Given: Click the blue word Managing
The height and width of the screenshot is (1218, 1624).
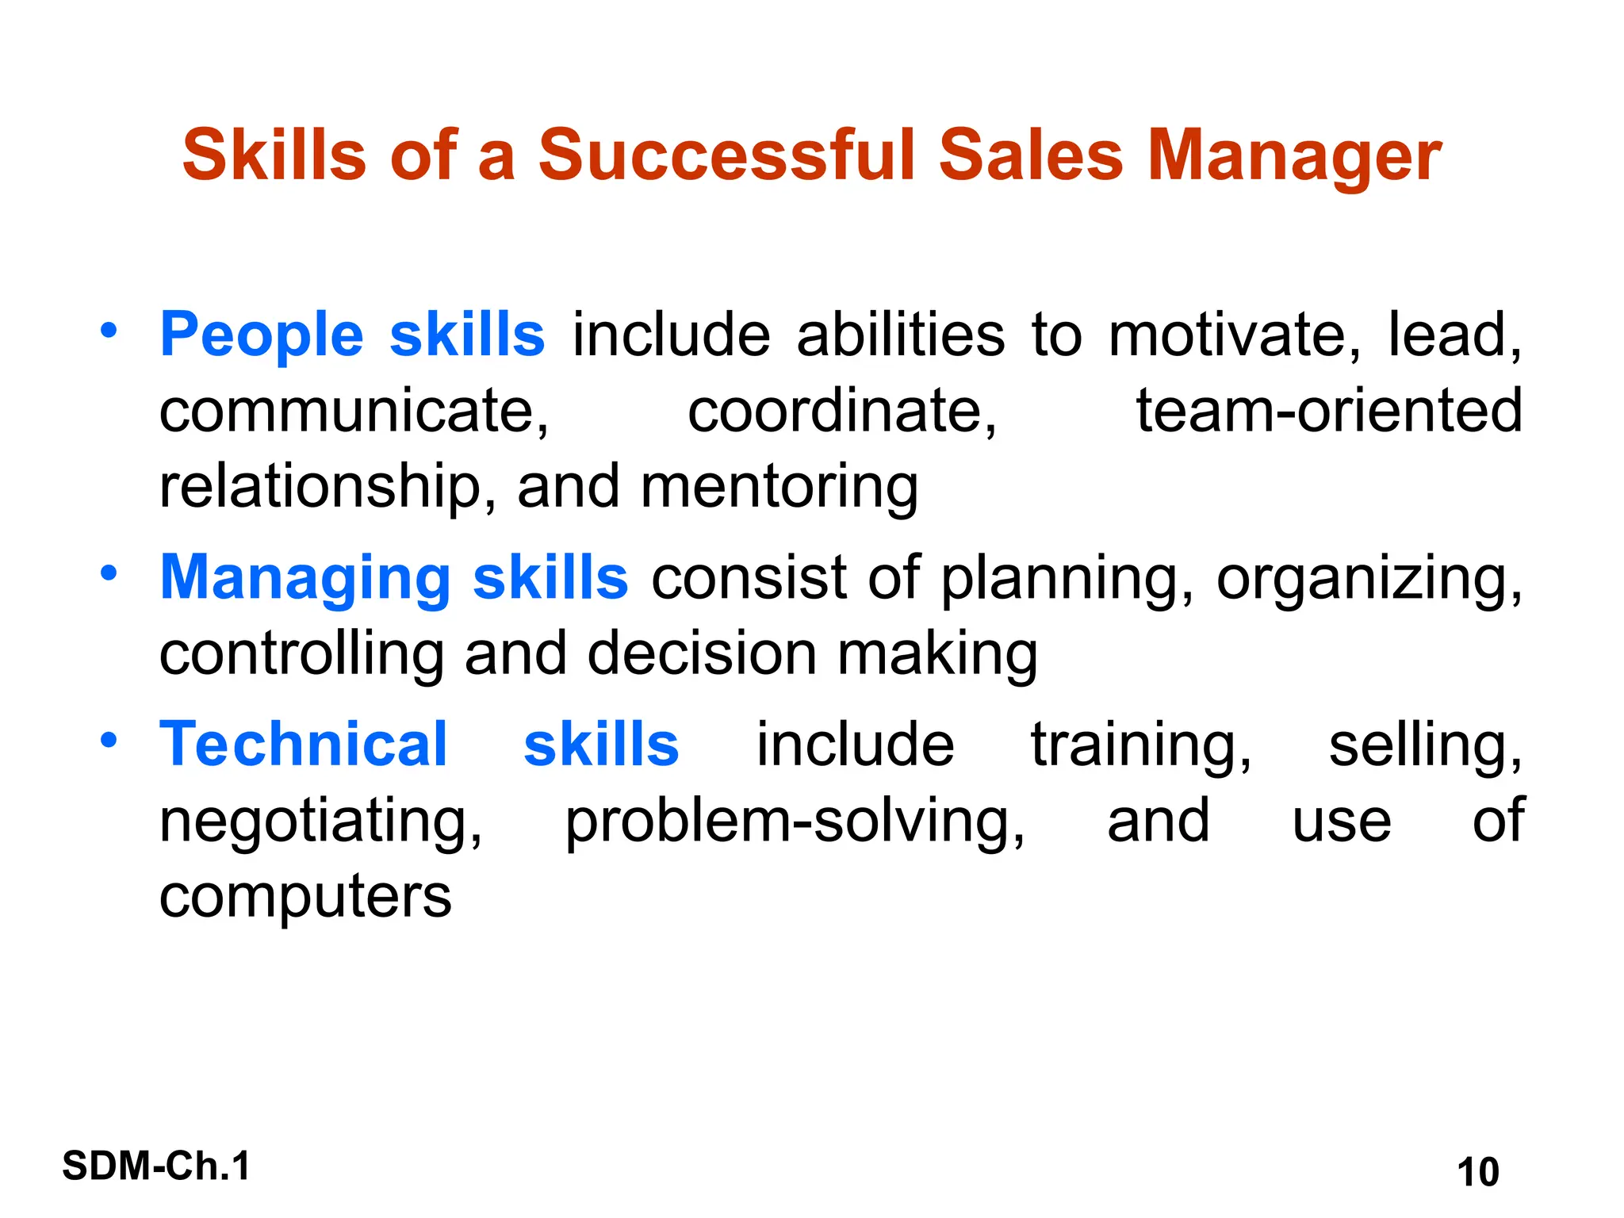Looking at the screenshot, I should [305, 579].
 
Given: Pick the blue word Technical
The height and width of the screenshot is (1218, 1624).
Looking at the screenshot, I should [304, 745].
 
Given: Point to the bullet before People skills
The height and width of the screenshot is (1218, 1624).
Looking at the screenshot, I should [109, 330].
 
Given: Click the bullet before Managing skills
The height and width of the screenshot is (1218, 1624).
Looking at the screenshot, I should [109, 573].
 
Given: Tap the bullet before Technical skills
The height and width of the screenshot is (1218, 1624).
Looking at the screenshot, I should [109, 741].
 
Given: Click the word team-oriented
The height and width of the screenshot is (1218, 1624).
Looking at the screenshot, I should [1329, 411].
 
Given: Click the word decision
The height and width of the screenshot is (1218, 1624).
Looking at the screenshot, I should [703, 654].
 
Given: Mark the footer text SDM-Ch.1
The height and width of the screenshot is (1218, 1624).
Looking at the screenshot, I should [156, 1166].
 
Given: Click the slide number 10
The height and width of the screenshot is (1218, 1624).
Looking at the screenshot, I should [1478, 1173].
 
